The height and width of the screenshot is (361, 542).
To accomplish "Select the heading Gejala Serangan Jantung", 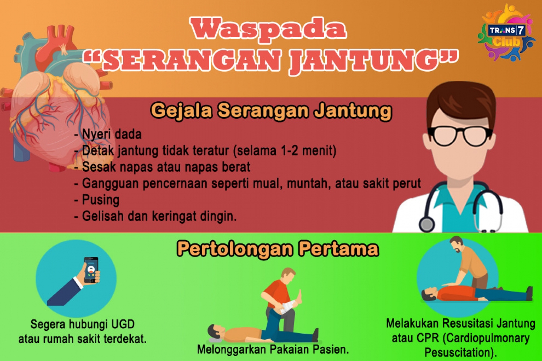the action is coord(271,112).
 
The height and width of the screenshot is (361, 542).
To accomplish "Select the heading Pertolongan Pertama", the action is coord(278,249).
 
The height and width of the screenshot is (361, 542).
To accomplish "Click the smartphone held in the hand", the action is coord(91,270).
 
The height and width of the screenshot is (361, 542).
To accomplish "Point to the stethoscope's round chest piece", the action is coord(427,224).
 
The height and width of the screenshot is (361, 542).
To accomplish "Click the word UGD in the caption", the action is coord(123,325).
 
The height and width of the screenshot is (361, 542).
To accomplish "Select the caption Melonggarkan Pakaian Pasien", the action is coord(273,350).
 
